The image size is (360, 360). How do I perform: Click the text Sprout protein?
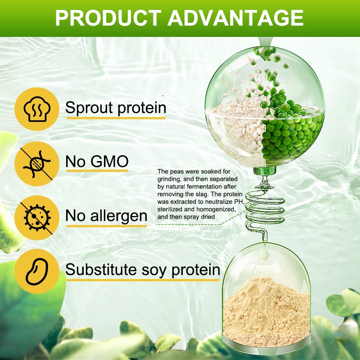[x=116, y=108]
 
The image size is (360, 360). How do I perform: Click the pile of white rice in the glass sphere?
[x=236, y=130]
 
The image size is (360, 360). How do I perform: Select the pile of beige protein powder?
[x=265, y=310]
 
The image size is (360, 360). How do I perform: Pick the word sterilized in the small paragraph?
[x=171, y=209]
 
